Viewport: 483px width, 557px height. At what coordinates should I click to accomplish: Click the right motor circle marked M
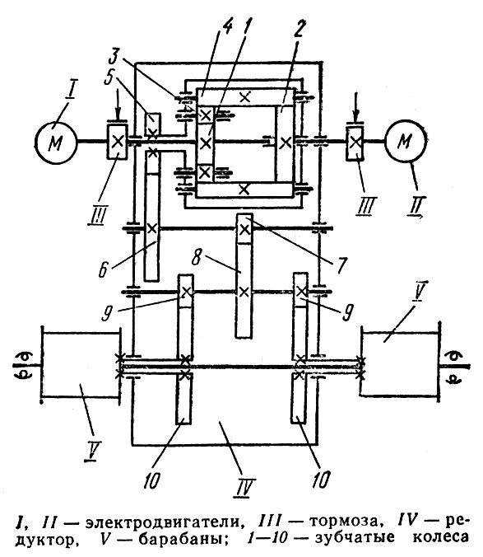pos(406,142)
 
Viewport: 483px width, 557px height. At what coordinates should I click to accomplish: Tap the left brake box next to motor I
pos(118,142)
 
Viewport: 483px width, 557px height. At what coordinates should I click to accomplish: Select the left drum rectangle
pos(80,365)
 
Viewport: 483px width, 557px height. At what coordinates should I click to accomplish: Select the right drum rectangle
pos(400,363)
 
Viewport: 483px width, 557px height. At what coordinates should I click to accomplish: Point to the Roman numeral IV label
pos(244,487)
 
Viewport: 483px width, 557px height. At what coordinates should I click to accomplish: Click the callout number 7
pos(341,264)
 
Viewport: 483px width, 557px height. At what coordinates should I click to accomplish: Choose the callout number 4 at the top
pos(227,27)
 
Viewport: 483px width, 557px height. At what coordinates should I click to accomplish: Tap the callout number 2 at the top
pos(299,29)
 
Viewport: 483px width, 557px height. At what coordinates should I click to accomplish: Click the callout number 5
pos(109,77)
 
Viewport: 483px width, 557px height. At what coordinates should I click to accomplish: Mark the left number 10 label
pos(151,480)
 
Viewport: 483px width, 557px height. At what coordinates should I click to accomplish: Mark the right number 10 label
pos(320,479)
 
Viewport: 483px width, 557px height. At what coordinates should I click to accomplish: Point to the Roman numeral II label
pos(415,208)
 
